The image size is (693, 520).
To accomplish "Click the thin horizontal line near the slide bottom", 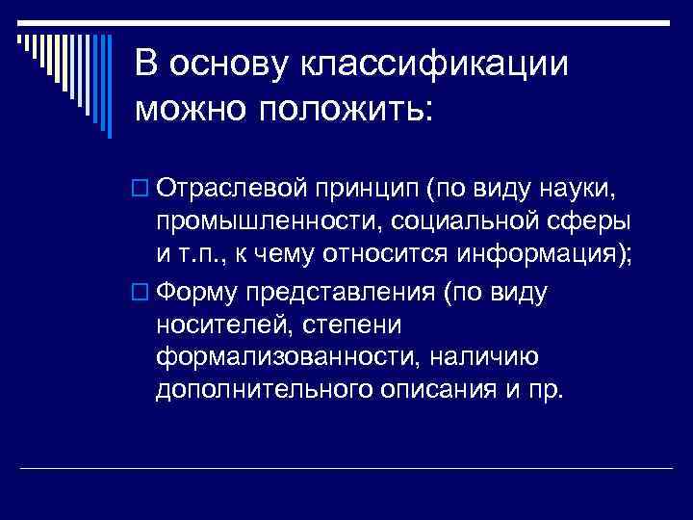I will pyautogui.click(x=346, y=468).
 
